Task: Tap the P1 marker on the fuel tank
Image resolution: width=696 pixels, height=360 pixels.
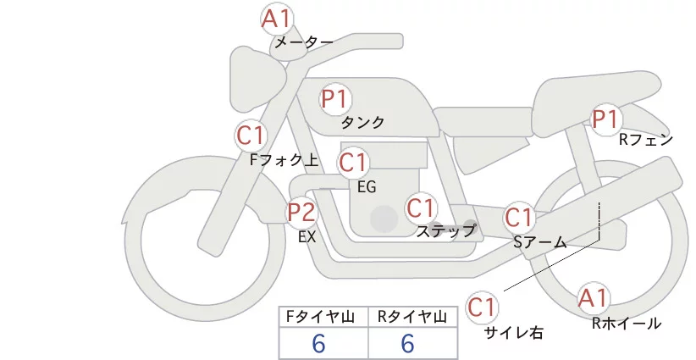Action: pos(334,99)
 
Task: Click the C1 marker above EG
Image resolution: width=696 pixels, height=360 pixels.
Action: pos(353,163)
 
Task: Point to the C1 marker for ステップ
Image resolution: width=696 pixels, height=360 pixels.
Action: pos(421,208)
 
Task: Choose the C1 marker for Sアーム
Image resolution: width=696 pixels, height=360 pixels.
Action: pos(519,217)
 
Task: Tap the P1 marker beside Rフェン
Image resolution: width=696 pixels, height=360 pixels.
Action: pos(605,119)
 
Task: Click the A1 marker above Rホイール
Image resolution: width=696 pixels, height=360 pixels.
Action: pos(593,298)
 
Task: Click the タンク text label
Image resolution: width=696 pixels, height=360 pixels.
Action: pos(362,123)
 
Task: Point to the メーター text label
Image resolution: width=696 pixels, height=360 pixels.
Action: pos(303,42)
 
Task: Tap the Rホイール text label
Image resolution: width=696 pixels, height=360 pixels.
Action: pos(627,323)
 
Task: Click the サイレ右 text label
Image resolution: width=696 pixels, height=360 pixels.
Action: pos(513,333)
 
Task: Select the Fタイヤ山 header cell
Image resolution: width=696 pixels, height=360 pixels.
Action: pos(323,317)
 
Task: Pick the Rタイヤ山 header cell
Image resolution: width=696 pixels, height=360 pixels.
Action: pos(412,317)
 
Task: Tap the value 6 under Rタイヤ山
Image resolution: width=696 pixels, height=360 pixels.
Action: pos(408,343)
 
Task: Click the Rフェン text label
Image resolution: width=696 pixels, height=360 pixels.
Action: pos(645,140)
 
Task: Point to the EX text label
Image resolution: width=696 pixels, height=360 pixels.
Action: pos(307,238)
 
